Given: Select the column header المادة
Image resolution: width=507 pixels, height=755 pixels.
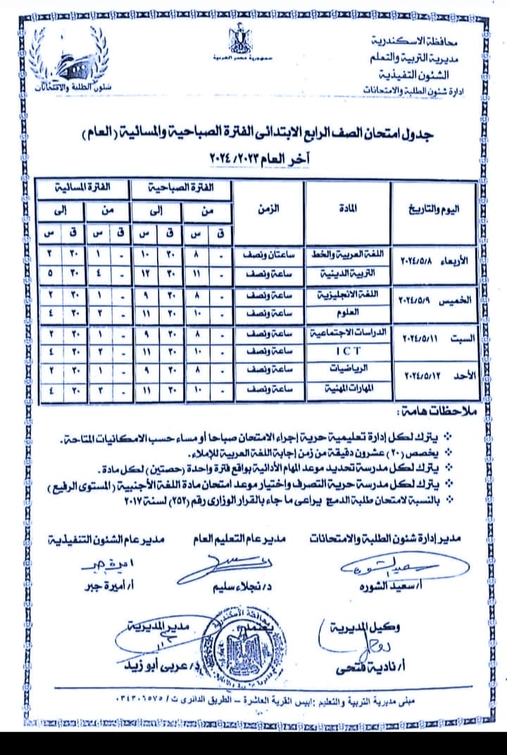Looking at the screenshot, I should click(344, 209).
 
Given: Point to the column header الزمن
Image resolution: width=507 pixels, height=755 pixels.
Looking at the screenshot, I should click(268, 209).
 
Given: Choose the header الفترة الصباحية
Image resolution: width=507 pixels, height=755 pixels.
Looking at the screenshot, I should click(181, 188).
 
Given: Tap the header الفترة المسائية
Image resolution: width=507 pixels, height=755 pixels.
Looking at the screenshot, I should click(78, 188).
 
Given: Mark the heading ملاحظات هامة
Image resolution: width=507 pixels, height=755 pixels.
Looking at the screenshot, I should click(433, 410).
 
